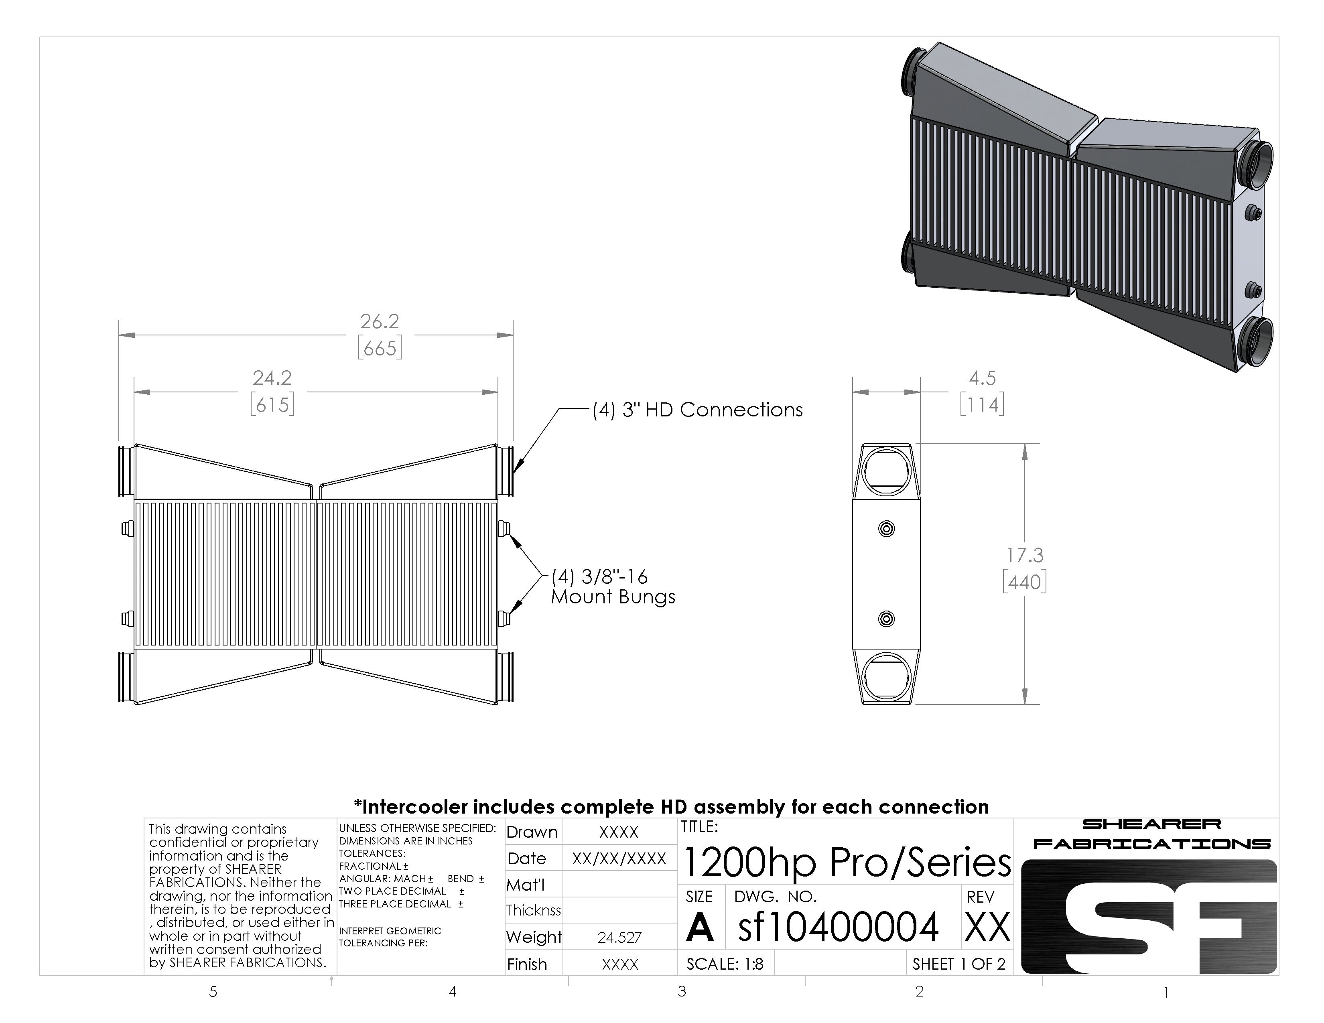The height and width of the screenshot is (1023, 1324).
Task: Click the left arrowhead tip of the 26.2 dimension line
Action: pos(120,335)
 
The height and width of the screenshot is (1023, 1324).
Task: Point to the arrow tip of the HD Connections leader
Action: pos(514,473)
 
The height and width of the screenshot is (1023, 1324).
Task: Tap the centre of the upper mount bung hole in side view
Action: pos(886,528)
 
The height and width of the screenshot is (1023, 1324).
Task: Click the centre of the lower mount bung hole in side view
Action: pos(886,619)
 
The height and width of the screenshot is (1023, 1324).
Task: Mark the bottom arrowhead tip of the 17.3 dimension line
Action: pos(1025,704)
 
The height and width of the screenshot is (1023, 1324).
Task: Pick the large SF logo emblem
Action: pos(1149,916)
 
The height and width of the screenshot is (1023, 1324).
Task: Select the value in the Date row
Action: pos(619,858)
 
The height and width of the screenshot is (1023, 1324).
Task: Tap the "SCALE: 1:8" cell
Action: pos(725,964)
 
